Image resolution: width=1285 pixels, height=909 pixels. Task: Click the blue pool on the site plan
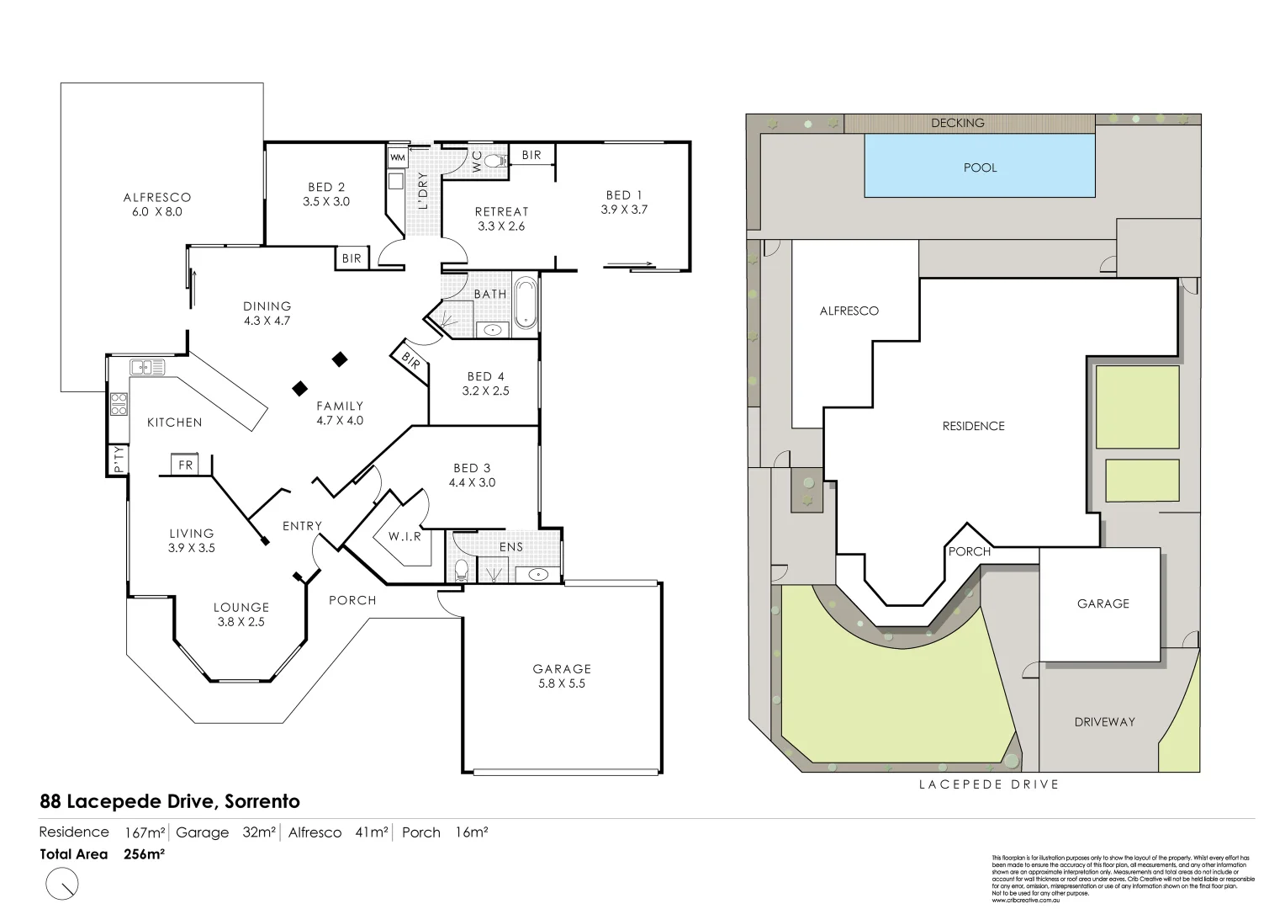click(x=980, y=167)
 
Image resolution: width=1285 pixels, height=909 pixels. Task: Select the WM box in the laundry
click(x=397, y=157)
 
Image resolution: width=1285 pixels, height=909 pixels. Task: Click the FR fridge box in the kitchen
click(x=185, y=465)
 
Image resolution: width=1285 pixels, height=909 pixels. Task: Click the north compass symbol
click(x=63, y=884)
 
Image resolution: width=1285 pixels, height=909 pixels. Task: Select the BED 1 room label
click(x=624, y=202)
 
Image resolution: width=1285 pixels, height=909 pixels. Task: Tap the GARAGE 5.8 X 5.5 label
click(x=562, y=676)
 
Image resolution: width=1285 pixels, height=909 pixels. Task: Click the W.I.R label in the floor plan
click(x=405, y=536)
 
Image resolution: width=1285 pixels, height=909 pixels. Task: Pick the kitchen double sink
click(x=148, y=367)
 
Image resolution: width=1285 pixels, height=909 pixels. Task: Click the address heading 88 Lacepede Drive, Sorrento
click(x=170, y=801)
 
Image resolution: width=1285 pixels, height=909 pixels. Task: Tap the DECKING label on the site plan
click(x=957, y=123)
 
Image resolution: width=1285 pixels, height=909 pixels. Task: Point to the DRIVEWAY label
click(x=1104, y=721)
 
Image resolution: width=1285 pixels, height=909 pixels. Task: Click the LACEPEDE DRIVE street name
click(x=988, y=784)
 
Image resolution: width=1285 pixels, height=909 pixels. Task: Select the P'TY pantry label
click(x=118, y=459)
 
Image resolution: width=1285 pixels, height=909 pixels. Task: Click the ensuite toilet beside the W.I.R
click(x=460, y=571)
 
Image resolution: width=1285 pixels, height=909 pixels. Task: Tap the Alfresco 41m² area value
click(x=372, y=832)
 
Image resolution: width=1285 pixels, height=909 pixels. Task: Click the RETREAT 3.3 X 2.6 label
click(x=501, y=219)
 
